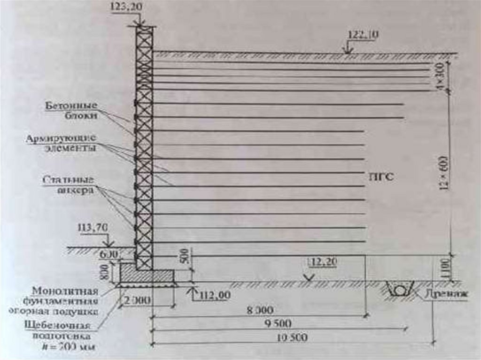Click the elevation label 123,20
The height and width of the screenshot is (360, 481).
[125, 8]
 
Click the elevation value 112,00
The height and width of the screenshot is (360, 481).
[215, 295]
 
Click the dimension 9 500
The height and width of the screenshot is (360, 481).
[277, 324]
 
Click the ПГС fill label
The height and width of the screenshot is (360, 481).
[381, 177]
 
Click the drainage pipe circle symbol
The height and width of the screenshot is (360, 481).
[399, 290]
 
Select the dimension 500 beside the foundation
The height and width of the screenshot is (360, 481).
[187, 266]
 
